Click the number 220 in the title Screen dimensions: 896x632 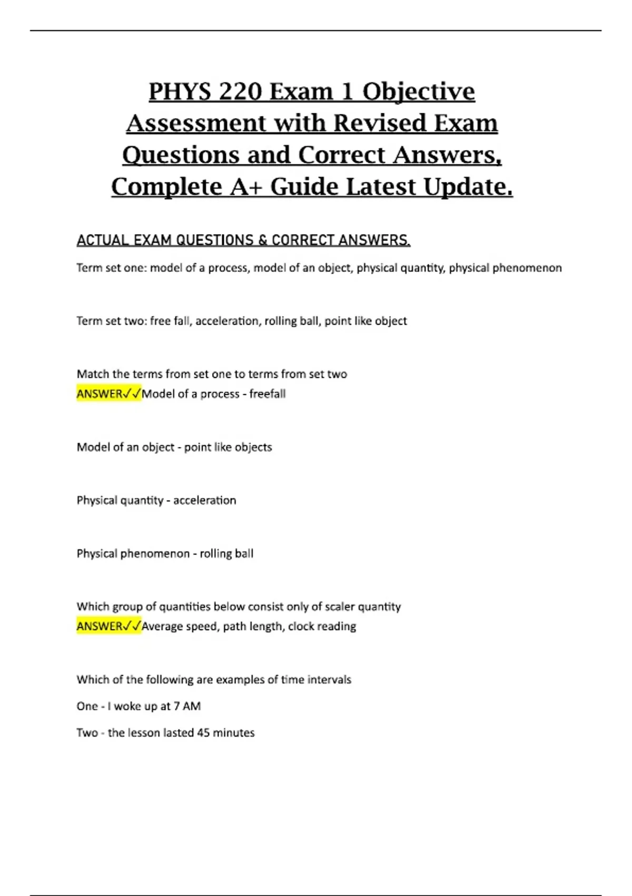pos(240,91)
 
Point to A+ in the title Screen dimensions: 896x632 pos(246,187)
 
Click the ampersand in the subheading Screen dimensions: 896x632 pos(262,240)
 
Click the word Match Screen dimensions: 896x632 pos(93,374)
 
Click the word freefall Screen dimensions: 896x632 pos(268,394)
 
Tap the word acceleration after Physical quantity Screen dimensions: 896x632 pos(204,500)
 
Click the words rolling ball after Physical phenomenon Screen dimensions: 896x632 pos(226,553)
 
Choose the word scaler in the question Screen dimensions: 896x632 pos(340,607)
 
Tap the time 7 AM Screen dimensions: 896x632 pos(187,706)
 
